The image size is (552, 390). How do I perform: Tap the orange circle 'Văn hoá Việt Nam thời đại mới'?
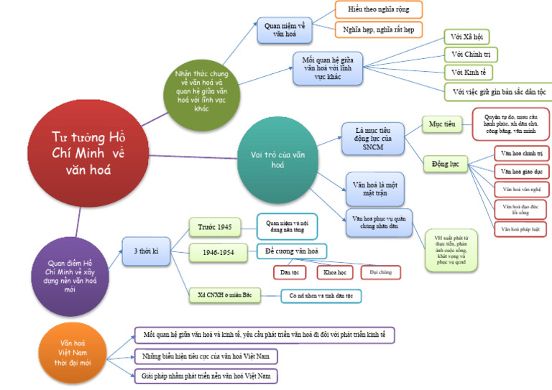point(76,353)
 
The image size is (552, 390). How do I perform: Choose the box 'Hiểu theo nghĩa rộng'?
point(378,9)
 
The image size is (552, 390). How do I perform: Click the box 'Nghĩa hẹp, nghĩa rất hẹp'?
point(378,29)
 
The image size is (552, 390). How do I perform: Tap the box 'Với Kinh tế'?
point(467,73)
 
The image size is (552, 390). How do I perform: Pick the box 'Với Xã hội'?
point(466,36)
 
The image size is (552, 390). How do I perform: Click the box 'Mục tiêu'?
point(441,124)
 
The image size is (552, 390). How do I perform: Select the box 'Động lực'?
point(444,164)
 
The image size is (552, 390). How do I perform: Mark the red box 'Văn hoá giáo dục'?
point(521,172)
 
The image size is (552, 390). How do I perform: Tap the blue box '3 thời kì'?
point(146,251)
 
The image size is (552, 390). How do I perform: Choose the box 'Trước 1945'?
point(215,228)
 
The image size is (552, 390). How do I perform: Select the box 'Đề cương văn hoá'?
point(292,251)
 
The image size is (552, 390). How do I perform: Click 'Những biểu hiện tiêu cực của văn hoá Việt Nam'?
point(206,356)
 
